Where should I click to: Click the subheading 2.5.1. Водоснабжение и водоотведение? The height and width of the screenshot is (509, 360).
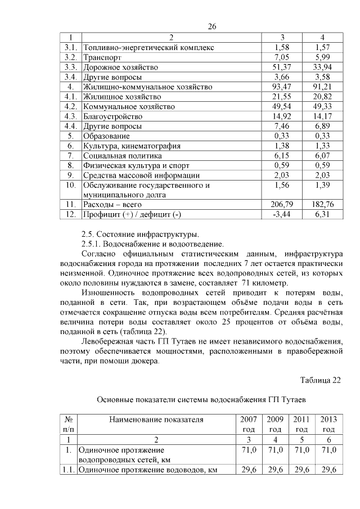point(152,244)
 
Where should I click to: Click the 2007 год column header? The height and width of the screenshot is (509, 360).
point(248,424)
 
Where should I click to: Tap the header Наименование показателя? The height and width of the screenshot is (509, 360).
point(156,420)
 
